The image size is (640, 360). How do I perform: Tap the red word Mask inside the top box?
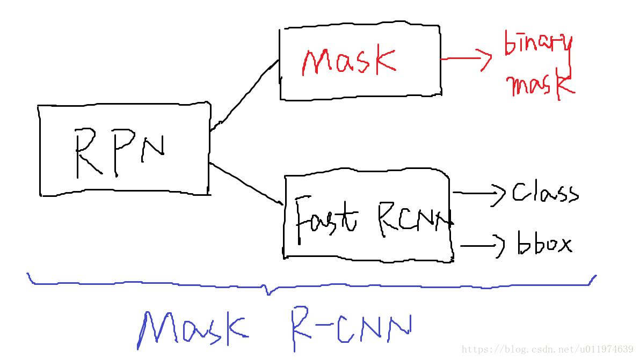[348, 62]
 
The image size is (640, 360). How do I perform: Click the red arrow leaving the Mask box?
[466, 59]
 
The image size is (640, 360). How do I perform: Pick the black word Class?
[544, 193]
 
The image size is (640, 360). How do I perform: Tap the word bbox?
[544, 244]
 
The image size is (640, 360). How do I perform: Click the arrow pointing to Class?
[479, 193]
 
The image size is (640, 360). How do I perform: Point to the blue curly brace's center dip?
[268, 292]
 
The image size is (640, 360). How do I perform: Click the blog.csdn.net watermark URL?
[547, 350]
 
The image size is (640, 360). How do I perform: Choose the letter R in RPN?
[86, 153]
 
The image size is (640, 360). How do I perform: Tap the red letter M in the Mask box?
[315, 63]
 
